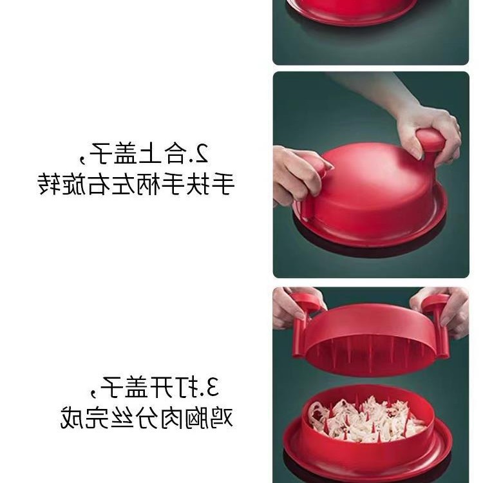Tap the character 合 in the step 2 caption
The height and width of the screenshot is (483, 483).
pyautogui.click(x=176, y=153)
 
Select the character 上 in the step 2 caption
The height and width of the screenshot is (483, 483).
pyautogui.click(x=149, y=153)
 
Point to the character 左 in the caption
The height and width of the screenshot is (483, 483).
pyautogui.click(x=124, y=184)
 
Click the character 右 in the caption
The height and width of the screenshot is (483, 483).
pyautogui.click(x=99, y=184)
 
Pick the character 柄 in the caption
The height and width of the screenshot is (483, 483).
pyautogui.click(x=149, y=184)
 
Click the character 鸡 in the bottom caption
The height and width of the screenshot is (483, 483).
pyautogui.click(x=222, y=418)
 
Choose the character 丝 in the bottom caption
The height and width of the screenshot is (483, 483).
pyautogui.click(x=122, y=418)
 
